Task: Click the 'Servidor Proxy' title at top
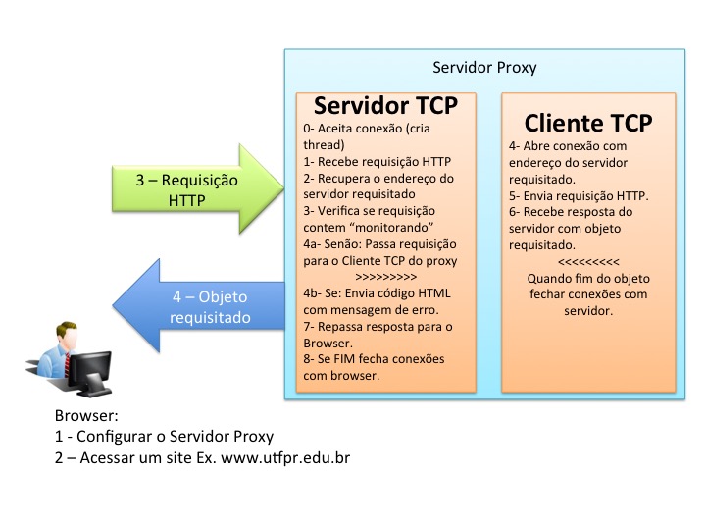coord(484,68)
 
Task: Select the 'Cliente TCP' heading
coord(588,123)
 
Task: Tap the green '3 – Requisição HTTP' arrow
coord(200,190)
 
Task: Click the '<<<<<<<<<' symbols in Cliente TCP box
coord(587,262)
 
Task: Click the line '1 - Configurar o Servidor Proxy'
coord(165,437)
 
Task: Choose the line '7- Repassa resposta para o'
coord(378,326)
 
